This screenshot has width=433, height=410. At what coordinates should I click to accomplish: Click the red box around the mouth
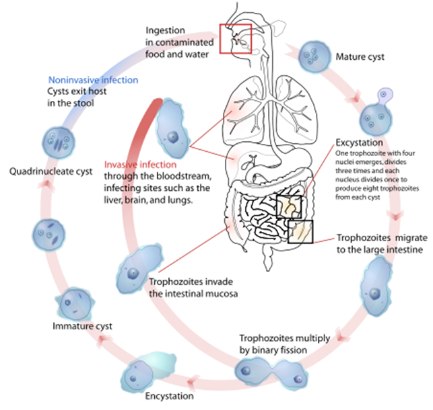coord(235,40)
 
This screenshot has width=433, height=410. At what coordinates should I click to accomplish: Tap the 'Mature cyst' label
coord(360,57)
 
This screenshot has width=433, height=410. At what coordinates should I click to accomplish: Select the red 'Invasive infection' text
coord(141,165)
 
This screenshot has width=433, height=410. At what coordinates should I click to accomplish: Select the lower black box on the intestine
coord(300,231)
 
